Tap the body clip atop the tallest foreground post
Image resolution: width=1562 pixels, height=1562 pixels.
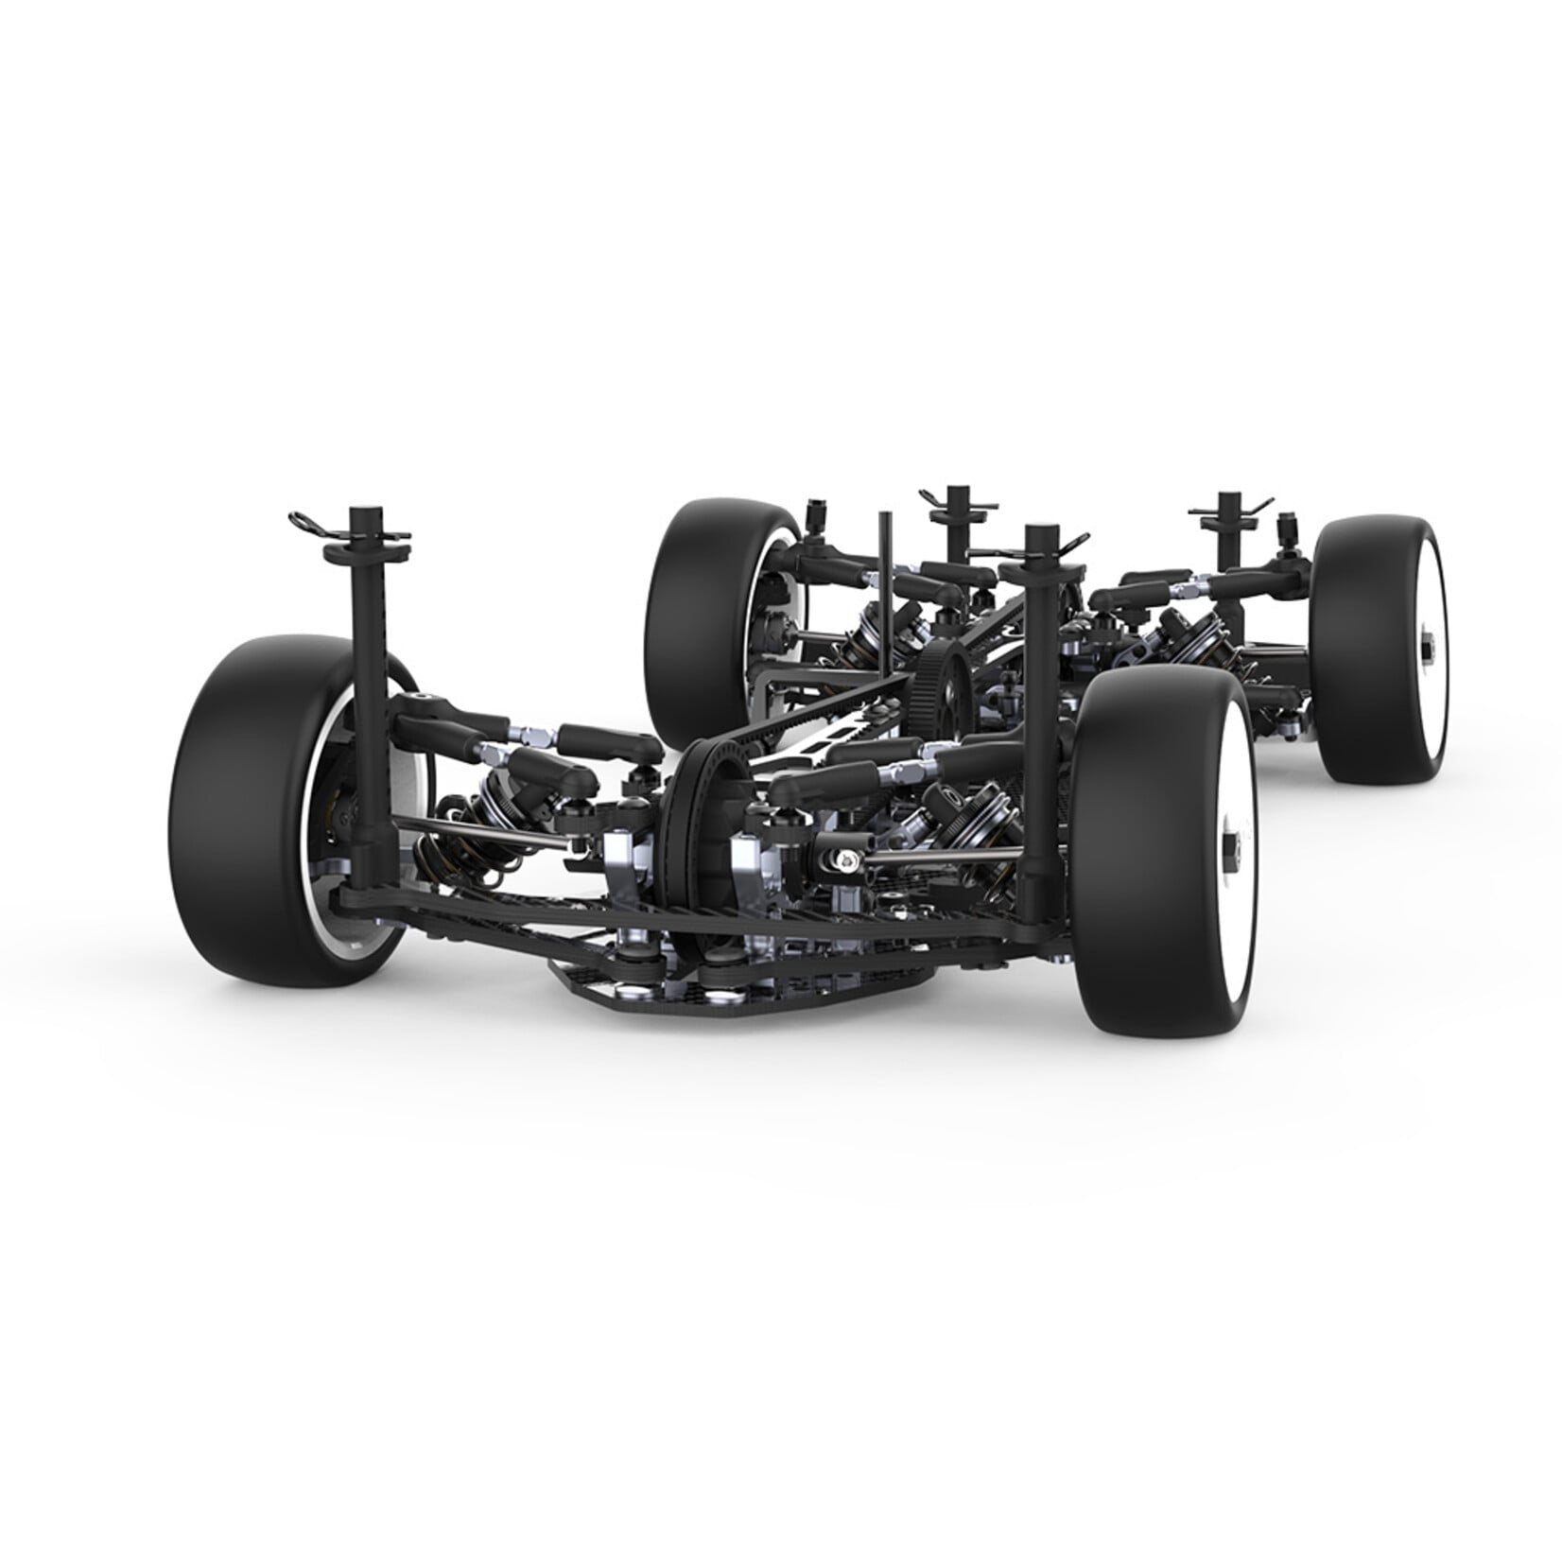317,523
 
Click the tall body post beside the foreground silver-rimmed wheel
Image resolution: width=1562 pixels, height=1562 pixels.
364,662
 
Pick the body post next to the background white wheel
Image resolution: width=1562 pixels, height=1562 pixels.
1229,529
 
